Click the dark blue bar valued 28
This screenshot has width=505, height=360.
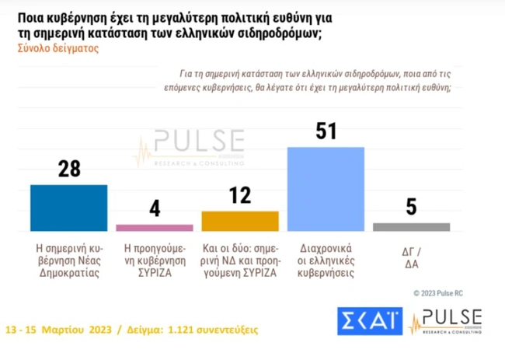(68, 208)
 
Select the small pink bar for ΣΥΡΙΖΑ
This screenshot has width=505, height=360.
(154, 228)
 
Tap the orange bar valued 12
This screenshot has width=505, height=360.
(239, 221)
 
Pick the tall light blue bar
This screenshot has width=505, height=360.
(326, 189)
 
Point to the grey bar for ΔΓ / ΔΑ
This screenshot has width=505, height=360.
(411, 227)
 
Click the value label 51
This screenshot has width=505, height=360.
(326, 131)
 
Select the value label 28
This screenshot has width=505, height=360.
(69, 169)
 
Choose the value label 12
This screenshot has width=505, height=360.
(240, 195)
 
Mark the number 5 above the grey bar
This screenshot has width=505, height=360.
(412, 207)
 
